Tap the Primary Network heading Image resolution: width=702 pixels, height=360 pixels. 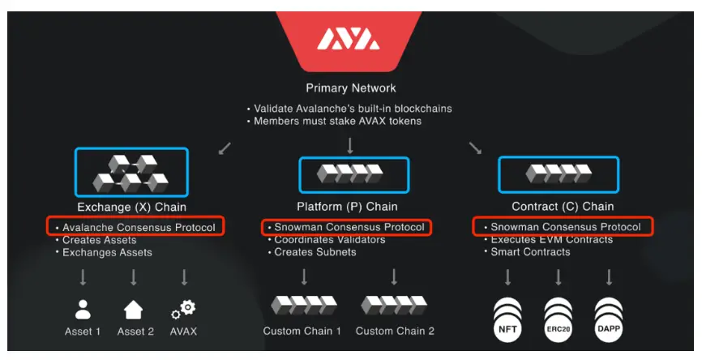(x=351, y=88)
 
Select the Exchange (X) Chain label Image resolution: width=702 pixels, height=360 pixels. (x=131, y=207)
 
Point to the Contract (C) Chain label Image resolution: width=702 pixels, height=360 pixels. (x=562, y=207)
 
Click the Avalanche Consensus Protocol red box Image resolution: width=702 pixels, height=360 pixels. (x=135, y=227)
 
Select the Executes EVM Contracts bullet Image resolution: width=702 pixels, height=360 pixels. (x=551, y=240)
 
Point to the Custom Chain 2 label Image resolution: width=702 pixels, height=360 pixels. (x=395, y=332)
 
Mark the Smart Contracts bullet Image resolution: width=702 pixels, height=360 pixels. (x=530, y=252)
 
